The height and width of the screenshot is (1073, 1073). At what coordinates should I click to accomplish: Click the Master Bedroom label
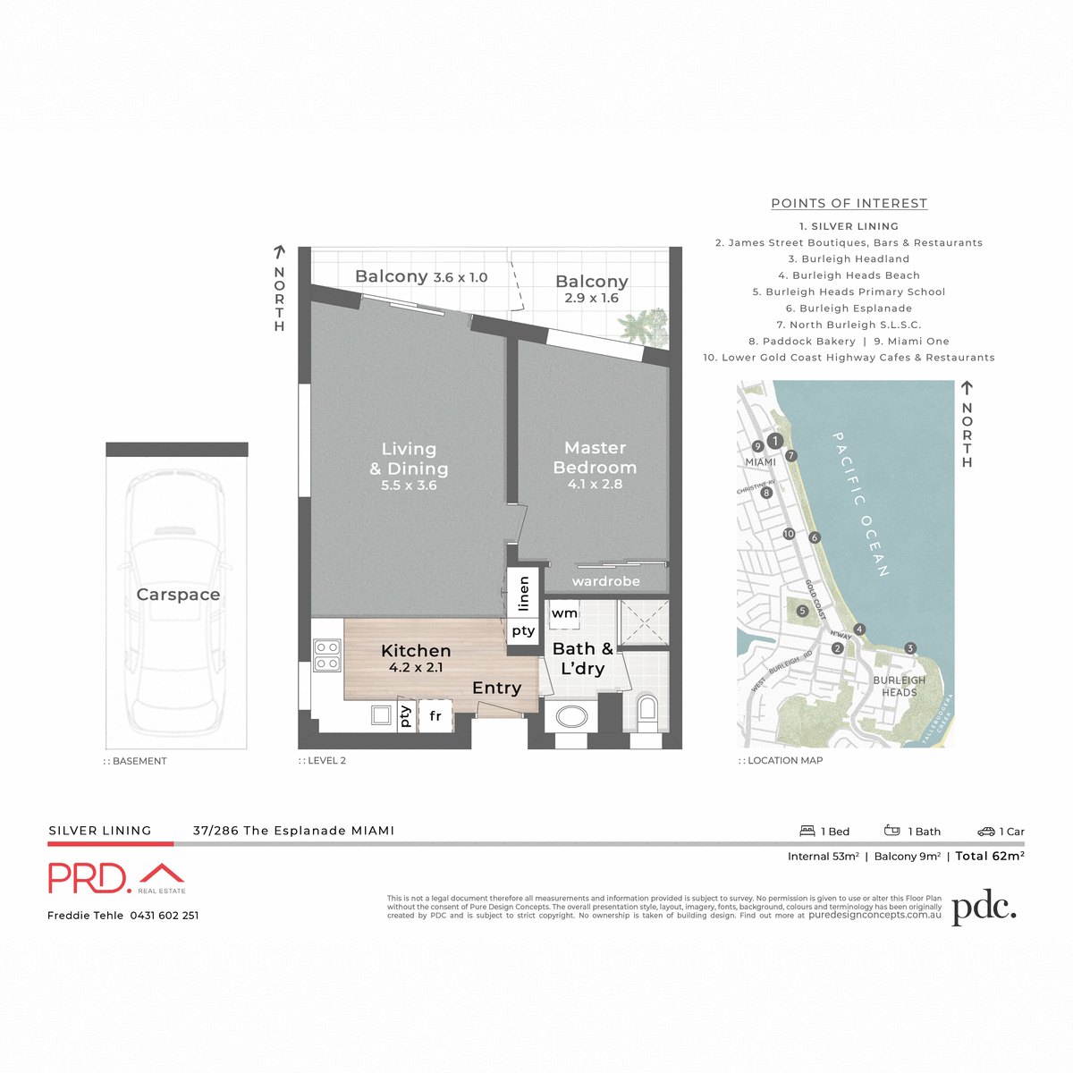tap(595, 458)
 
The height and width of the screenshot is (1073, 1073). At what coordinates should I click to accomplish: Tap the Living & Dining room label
tap(409, 460)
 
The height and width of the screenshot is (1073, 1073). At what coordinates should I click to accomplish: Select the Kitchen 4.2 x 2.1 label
tap(416, 657)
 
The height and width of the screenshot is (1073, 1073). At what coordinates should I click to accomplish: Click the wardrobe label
tap(605, 581)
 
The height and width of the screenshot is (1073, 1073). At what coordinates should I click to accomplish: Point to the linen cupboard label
tap(524, 593)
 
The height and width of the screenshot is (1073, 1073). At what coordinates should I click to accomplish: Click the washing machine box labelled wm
tap(564, 613)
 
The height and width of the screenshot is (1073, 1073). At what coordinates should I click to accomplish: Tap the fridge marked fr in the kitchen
tap(435, 716)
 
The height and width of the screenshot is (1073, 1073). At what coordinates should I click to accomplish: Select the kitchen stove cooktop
tap(326, 655)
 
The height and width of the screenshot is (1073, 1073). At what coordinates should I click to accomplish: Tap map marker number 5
tap(802, 611)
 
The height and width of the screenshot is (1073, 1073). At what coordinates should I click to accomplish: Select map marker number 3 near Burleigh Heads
tap(909, 648)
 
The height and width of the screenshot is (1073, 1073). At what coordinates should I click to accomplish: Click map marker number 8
tap(766, 493)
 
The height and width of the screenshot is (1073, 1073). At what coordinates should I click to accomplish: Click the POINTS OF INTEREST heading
tap(849, 203)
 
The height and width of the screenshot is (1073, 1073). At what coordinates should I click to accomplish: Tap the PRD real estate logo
tap(116, 878)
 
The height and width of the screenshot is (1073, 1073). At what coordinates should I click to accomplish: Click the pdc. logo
tap(984, 908)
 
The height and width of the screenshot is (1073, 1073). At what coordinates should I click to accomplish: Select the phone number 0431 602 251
tap(165, 916)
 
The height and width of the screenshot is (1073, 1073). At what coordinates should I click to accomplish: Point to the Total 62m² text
tap(989, 856)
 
